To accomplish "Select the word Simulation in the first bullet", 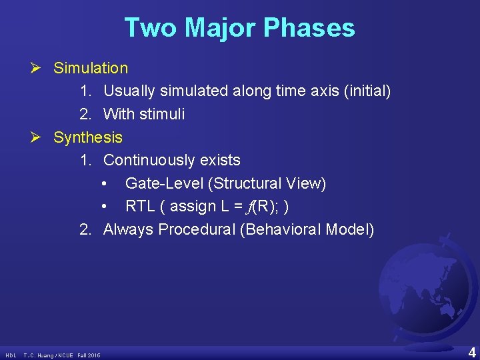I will [91, 68].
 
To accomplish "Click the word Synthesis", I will [88, 137].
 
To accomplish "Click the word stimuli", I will [163, 115].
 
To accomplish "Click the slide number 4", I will [471, 353].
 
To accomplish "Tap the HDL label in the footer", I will [11, 355].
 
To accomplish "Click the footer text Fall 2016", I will [89, 355].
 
